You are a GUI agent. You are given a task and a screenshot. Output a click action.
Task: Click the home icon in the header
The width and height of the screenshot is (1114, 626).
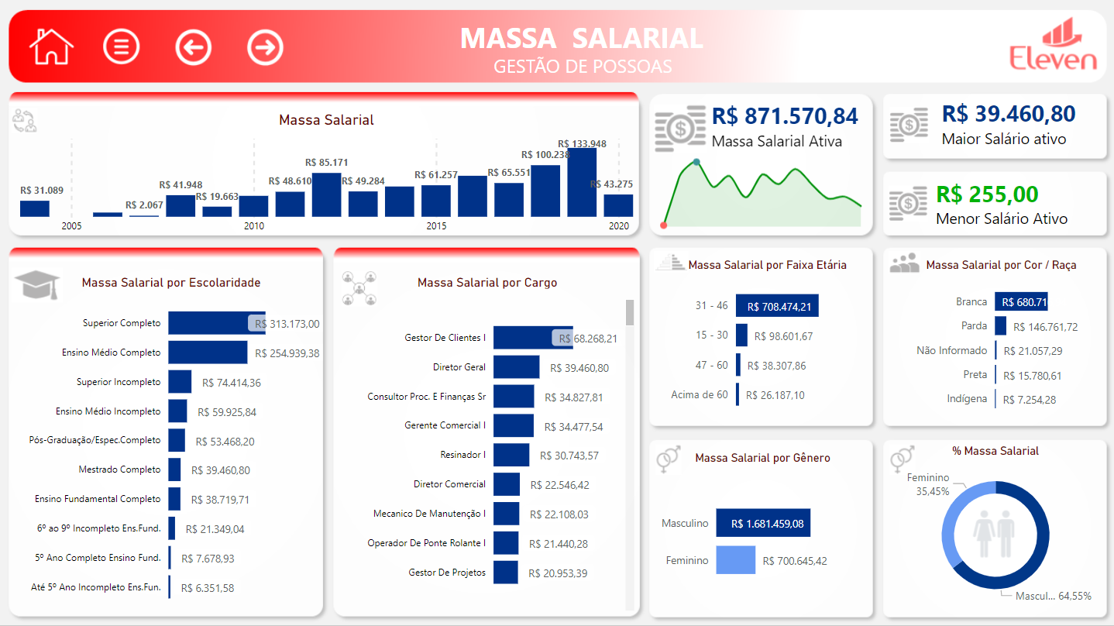click(x=51, y=46)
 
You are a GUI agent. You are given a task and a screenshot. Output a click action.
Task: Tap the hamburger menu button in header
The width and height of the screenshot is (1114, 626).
click(x=121, y=46)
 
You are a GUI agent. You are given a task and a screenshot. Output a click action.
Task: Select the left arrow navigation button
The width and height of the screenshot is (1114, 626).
click(x=193, y=47)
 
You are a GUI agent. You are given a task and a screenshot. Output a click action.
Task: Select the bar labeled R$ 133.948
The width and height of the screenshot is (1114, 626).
click(x=582, y=183)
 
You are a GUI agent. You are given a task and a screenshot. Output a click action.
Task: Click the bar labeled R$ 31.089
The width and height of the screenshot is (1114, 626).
click(x=35, y=208)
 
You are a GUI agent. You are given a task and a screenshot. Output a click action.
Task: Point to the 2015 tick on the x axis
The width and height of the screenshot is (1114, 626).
click(x=436, y=226)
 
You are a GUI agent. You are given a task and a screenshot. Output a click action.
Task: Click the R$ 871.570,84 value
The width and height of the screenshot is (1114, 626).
click(x=784, y=116)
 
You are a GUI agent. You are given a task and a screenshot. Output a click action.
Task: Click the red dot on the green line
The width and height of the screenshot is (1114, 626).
click(x=663, y=225)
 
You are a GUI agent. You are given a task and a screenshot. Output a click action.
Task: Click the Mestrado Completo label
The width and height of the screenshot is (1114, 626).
click(x=119, y=469)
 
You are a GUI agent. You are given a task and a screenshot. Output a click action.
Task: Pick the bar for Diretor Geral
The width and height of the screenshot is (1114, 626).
click(x=516, y=367)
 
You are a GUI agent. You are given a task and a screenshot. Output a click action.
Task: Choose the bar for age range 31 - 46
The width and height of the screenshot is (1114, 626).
click(x=777, y=306)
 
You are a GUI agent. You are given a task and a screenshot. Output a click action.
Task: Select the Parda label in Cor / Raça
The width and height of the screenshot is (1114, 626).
click(x=974, y=326)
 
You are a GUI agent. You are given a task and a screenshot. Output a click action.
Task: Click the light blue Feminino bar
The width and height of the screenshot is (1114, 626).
click(x=735, y=560)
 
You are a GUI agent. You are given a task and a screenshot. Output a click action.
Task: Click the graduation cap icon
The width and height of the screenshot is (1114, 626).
click(x=36, y=284)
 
